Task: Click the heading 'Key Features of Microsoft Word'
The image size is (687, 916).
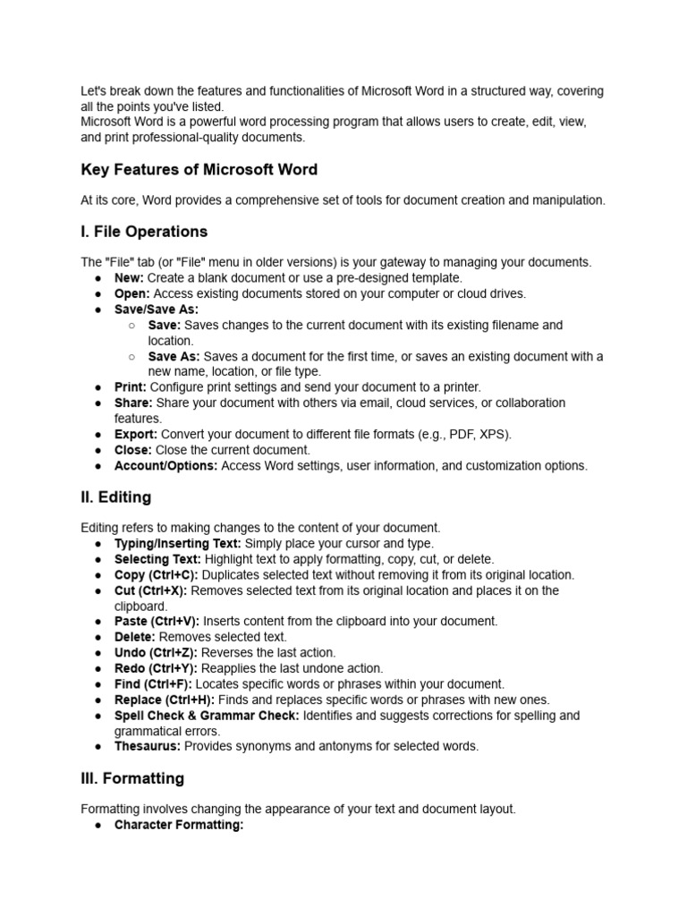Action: click(199, 170)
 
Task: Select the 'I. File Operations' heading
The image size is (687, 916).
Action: click(144, 232)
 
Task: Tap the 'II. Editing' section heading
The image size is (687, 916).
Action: click(115, 496)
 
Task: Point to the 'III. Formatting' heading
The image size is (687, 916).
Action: click(132, 778)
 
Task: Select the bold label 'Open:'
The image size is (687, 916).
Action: click(132, 293)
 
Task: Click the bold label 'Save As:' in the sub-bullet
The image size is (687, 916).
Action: click(174, 356)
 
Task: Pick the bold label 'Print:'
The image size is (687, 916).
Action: click(131, 387)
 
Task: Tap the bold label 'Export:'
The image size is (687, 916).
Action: click(136, 434)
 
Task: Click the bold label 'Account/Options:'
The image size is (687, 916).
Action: click(165, 465)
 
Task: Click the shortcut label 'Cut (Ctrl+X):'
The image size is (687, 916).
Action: click(151, 590)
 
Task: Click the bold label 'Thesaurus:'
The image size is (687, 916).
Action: click(147, 746)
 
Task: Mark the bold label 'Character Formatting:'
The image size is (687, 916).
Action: click(179, 825)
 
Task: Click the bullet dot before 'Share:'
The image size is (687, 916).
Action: click(98, 403)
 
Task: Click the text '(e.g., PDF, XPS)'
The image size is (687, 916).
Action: click(466, 434)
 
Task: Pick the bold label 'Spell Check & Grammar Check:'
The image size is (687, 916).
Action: click(207, 716)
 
